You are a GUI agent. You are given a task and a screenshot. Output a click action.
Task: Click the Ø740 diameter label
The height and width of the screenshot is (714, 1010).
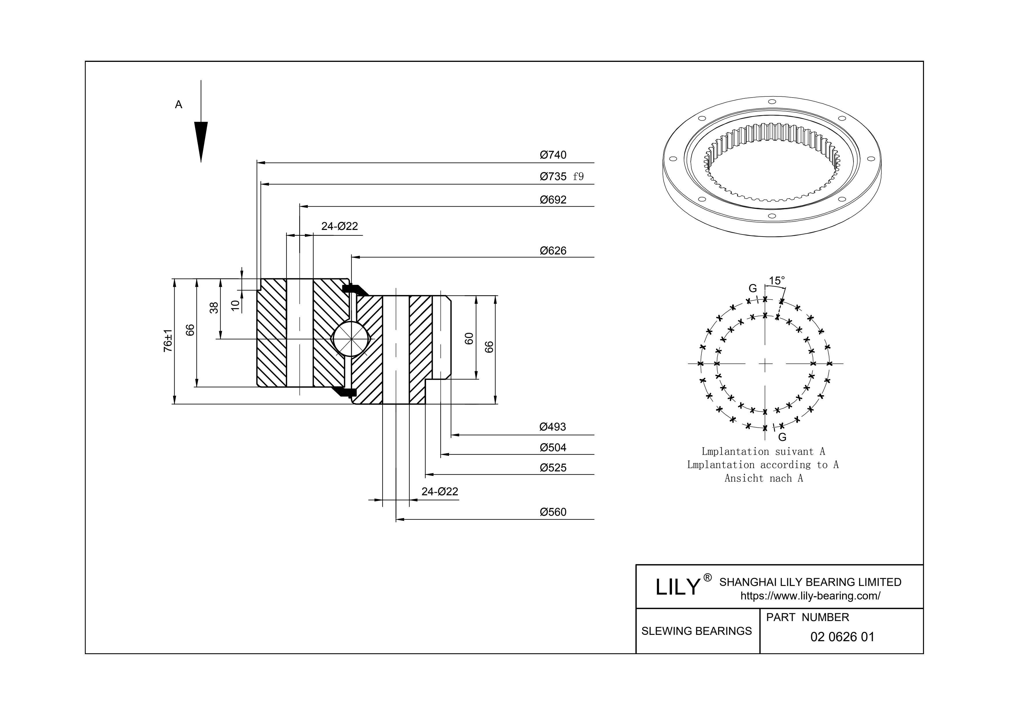coord(553,155)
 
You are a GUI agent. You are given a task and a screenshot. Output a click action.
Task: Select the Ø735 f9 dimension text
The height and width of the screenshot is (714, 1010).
coord(561,176)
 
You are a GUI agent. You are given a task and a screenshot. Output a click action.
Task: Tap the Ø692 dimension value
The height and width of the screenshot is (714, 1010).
coord(553,200)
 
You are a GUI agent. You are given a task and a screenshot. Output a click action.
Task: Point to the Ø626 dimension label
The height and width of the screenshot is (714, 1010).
coord(553,251)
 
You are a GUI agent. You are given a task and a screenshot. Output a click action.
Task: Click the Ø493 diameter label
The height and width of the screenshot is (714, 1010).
coord(553,427)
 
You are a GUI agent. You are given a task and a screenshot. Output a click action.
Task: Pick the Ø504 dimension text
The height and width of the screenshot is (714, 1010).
coord(553,448)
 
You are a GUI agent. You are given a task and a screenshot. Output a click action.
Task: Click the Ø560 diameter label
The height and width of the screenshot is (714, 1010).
coord(553,512)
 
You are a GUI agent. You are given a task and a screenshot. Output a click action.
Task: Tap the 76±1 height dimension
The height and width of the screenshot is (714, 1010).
coord(168,341)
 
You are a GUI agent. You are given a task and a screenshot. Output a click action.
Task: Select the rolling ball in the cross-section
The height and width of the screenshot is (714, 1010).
coord(351,339)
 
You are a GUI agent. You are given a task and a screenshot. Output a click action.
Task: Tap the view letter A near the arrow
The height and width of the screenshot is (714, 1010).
coord(179,105)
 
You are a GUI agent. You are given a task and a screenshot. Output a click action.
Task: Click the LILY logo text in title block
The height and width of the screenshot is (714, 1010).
coord(677,587)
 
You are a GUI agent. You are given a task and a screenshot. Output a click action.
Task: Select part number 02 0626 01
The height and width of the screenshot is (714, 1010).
coord(842,637)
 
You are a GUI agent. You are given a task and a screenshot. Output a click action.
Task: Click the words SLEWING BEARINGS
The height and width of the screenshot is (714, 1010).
coord(696,631)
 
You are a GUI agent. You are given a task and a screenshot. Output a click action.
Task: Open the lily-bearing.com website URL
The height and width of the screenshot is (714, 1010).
coord(810,596)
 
